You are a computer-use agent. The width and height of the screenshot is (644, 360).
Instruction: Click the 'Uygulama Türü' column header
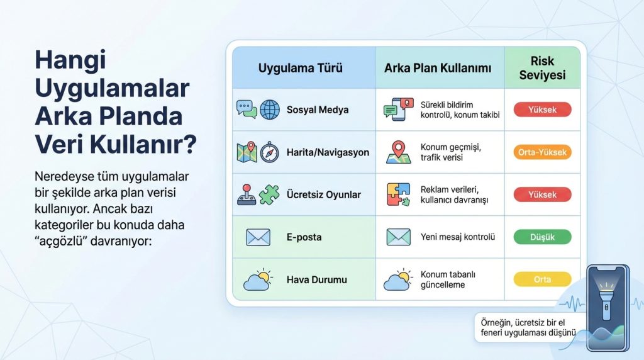[300, 68]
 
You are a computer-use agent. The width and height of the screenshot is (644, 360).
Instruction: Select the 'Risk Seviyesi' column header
[543, 68]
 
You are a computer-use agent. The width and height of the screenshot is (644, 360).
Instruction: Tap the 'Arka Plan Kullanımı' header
[437, 68]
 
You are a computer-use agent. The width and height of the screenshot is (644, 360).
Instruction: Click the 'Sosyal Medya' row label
[317, 110]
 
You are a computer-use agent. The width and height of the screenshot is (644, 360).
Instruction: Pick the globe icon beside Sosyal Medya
[269, 110]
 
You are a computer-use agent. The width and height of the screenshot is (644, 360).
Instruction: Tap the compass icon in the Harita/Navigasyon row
[269, 152]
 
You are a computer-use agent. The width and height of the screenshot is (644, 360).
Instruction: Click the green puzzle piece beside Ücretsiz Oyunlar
[269, 194]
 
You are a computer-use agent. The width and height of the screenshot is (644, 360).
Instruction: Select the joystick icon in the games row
[246, 194]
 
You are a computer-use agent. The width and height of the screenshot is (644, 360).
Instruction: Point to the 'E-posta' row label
[304, 237]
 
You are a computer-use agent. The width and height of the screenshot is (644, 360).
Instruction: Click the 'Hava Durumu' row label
[316, 279]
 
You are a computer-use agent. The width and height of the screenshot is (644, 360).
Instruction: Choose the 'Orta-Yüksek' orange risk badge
[542, 152]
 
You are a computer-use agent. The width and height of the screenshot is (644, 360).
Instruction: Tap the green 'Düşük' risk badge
[542, 237]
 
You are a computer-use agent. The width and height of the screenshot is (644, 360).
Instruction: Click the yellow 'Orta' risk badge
[542, 279]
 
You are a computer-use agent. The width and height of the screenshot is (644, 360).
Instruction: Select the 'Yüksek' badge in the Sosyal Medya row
[542, 110]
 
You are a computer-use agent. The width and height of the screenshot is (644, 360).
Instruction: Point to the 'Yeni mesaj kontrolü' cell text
[458, 237]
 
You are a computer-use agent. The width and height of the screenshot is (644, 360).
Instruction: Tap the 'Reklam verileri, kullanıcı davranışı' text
[454, 194]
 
